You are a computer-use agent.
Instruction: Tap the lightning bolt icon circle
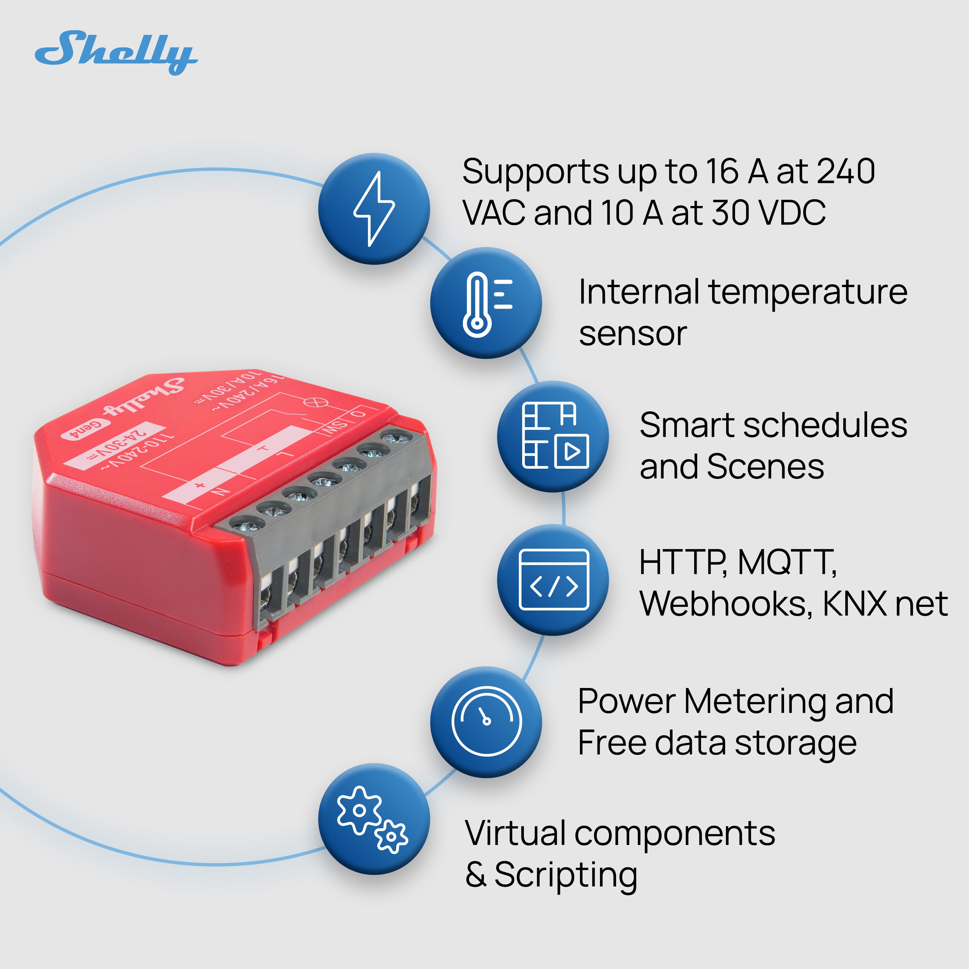pos(374,209)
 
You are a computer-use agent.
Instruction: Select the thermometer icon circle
pos(486,303)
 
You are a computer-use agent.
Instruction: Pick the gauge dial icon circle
pos(486,722)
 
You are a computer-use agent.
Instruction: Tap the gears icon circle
pos(374,819)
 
